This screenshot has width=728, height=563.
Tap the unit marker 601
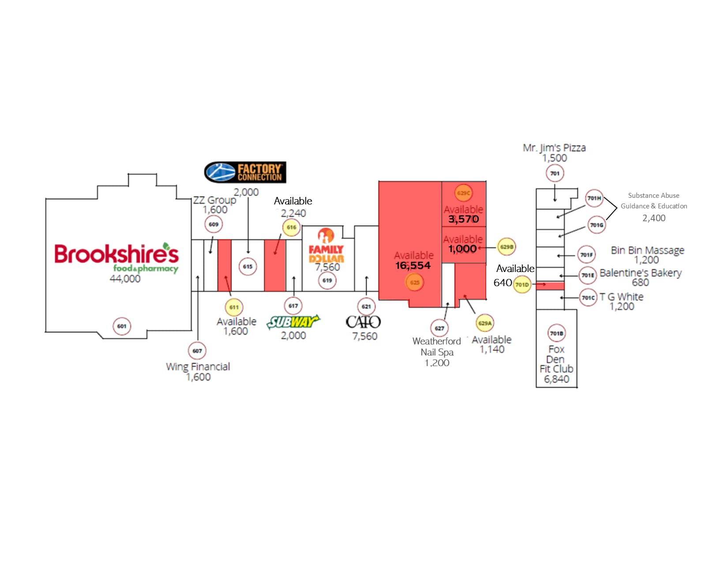[122, 326]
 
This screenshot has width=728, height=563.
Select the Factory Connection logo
[245, 172]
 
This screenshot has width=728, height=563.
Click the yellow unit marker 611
[234, 307]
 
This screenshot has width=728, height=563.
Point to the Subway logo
[293, 322]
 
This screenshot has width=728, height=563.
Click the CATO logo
[363, 322]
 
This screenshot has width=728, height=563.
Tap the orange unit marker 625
[415, 283]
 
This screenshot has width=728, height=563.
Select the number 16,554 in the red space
[413, 265]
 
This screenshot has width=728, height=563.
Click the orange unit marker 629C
[464, 193]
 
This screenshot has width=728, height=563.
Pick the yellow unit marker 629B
[507, 247]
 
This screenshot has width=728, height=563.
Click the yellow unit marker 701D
[522, 285]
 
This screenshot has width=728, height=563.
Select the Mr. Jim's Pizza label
[554, 148]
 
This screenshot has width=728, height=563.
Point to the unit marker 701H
[594, 198]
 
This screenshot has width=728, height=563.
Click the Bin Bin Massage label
[647, 250]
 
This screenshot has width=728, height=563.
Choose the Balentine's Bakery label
[640, 273]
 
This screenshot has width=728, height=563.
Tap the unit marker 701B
[557, 333]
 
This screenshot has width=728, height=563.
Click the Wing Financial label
[198, 367]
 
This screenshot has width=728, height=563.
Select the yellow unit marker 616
[292, 227]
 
